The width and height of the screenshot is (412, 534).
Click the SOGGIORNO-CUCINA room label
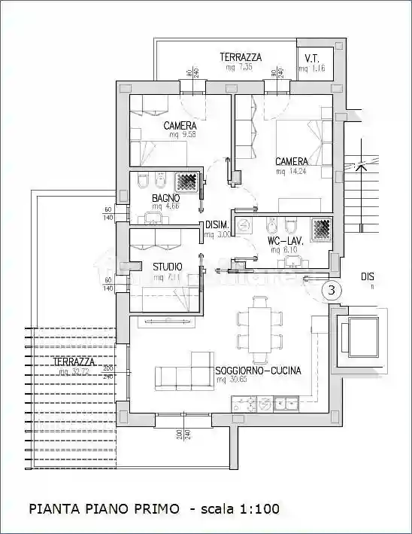click(258, 371)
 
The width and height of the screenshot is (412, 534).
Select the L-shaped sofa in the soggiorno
click(183, 372)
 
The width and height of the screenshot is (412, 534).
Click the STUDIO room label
click(168, 267)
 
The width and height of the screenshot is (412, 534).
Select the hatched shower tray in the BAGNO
click(186, 182)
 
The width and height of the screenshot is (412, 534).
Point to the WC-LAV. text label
click(283, 242)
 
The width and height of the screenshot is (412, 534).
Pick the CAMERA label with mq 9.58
click(180, 126)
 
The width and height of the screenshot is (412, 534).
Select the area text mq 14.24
click(291, 171)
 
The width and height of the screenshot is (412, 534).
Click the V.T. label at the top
click(311, 59)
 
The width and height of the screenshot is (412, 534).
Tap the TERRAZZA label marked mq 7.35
click(241, 57)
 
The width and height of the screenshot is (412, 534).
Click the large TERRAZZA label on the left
click(74, 362)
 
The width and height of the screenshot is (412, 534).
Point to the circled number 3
click(332, 288)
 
